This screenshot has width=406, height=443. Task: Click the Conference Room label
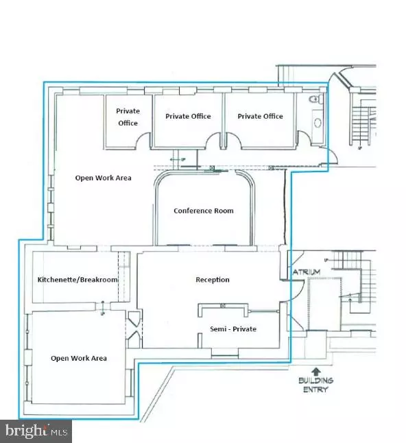(204, 211)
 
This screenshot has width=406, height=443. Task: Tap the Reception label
(213, 280)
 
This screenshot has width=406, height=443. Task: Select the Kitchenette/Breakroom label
(77, 280)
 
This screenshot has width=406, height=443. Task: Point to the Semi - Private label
(233, 329)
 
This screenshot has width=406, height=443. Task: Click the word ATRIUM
(307, 272)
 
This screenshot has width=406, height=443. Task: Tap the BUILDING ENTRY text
(316, 385)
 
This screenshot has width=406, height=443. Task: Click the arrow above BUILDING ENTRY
(316, 371)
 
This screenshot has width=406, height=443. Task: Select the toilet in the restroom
(316, 99)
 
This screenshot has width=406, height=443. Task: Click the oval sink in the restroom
(318, 123)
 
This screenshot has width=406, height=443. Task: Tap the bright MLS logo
(36, 431)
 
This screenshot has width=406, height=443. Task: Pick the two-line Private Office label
(128, 117)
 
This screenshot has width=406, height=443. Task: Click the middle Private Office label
(188, 116)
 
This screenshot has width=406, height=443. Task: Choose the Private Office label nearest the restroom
(260, 116)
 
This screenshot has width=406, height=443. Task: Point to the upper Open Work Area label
(103, 178)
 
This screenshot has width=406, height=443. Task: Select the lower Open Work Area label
(79, 358)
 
